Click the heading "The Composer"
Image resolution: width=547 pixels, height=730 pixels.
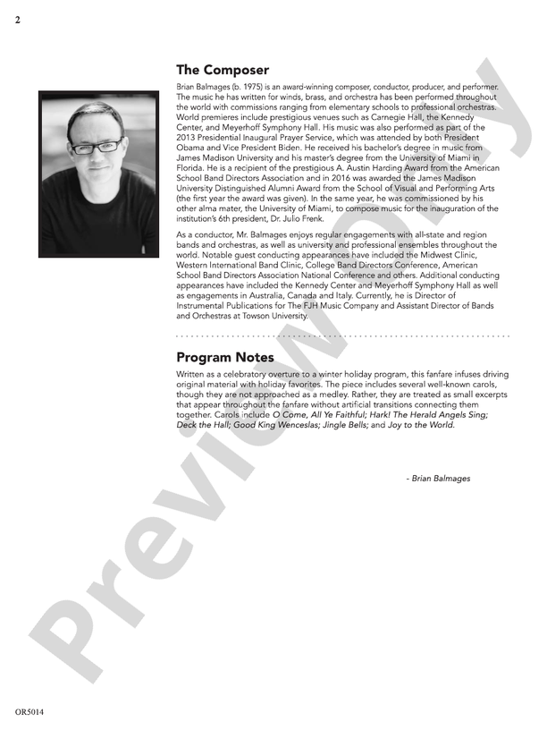[x=222, y=70]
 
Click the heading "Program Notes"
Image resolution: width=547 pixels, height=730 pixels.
[x=224, y=358]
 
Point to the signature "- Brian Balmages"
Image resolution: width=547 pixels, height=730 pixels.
[x=438, y=479]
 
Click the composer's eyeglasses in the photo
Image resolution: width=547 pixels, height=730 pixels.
[x=104, y=145]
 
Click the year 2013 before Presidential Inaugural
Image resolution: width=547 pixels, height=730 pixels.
[x=187, y=137]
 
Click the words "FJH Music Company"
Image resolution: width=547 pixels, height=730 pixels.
[x=326, y=306]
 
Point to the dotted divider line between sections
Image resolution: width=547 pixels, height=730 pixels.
[x=343, y=336]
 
